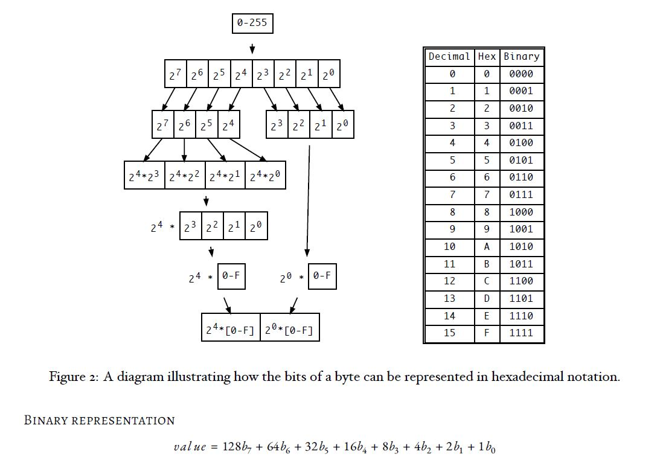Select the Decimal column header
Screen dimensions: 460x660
click(449, 57)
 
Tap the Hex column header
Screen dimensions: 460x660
click(487, 57)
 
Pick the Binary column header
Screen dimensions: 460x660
click(521, 57)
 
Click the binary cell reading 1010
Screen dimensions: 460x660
click(521, 247)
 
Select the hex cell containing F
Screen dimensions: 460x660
click(487, 333)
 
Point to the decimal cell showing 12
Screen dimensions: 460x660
click(449, 281)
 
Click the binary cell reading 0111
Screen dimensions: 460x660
click(521, 195)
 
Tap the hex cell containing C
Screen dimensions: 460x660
click(487, 281)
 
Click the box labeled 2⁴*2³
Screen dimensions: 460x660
click(144, 176)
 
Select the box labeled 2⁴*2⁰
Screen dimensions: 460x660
click(265, 176)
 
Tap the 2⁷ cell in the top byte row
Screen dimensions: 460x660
click(175, 75)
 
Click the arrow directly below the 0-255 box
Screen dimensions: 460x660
click(252, 48)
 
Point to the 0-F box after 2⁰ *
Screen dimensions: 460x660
click(322, 276)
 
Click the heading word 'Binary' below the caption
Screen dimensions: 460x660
click(46, 420)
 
